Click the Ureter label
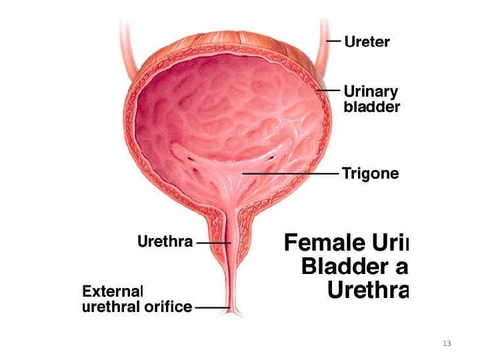367,41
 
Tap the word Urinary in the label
371,91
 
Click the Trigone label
370,174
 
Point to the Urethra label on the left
165,241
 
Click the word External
113,291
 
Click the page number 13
447,343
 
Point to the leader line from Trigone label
293,174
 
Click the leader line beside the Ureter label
335,41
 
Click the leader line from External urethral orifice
211,308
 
